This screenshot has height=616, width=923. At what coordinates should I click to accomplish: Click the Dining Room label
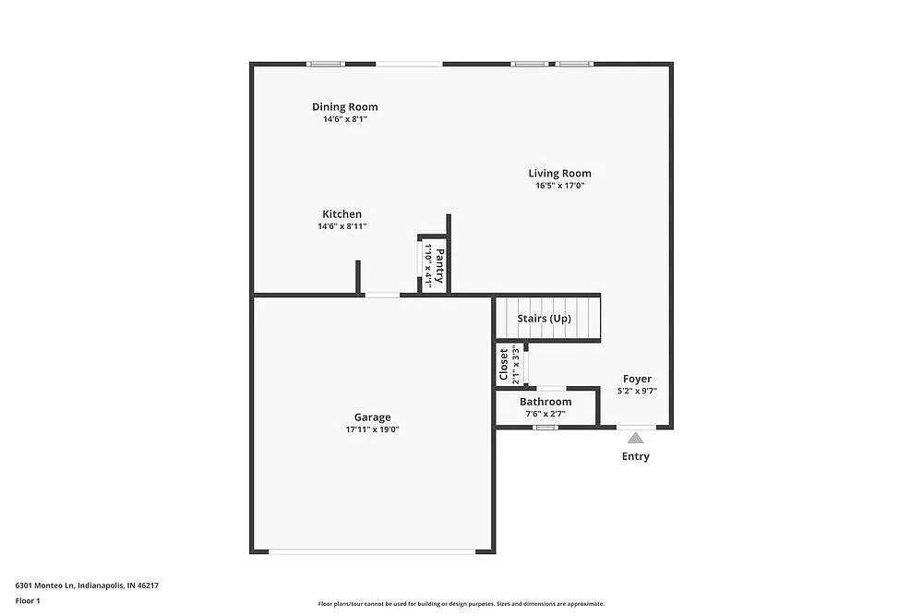(344, 107)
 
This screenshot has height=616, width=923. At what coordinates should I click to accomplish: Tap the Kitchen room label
(342, 214)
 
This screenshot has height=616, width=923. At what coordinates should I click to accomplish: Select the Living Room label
(559, 173)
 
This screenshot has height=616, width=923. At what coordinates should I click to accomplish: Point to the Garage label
(372, 417)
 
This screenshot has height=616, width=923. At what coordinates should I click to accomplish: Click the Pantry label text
(440, 266)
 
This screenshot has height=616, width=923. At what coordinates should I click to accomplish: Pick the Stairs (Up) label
(544, 319)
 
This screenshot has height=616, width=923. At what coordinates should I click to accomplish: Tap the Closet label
(503, 365)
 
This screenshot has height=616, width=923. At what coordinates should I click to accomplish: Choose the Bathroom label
(545, 402)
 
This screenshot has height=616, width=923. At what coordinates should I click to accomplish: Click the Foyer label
(637, 379)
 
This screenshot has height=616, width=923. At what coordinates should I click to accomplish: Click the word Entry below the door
(636, 456)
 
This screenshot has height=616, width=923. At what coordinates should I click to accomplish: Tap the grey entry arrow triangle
(636, 440)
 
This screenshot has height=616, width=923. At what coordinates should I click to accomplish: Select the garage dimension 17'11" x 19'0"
(372, 429)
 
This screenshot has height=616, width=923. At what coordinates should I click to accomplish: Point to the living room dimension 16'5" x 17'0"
(559, 186)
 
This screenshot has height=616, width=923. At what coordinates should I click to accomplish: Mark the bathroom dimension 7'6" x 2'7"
(545, 415)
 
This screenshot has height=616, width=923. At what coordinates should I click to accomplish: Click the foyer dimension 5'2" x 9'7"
(637, 392)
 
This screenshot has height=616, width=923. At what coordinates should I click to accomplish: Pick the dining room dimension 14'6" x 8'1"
(344, 120)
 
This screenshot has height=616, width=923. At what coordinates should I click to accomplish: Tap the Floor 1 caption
(28, 600)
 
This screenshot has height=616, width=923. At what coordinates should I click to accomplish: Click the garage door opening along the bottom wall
(372, 552)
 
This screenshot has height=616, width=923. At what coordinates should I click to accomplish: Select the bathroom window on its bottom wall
(546, 427)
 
